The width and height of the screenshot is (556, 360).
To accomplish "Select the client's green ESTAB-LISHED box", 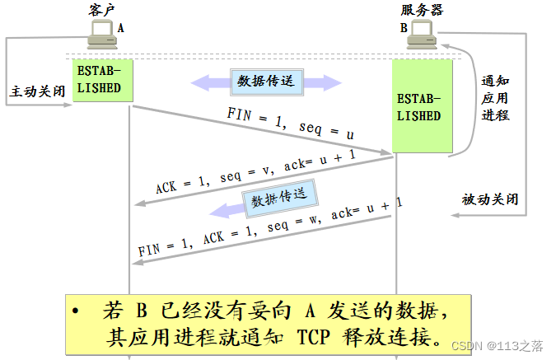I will (102, 80).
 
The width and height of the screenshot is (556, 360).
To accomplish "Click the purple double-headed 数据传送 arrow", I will (266, 82).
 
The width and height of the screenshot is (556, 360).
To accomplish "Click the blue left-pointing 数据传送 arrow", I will (278, 199).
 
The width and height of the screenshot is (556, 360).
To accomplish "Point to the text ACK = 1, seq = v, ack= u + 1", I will (255, 172).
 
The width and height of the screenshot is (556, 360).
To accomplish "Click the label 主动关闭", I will (36, 91).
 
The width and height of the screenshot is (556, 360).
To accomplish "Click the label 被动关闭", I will (490, 199).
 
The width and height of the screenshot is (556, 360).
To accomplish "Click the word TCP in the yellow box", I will (319, 337).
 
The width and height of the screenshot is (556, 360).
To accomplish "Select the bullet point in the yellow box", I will (76, 312).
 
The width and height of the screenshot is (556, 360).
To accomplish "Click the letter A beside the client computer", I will (120, 27).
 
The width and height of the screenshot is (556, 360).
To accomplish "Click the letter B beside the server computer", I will (404, 27).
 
